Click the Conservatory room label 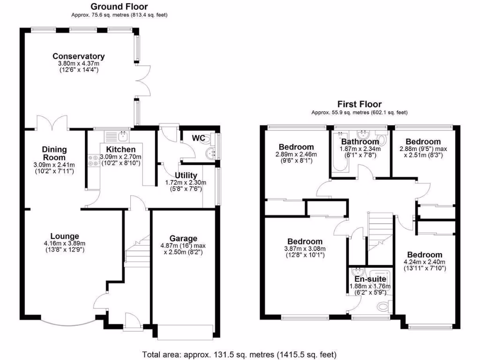(x=78, y=56)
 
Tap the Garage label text (x=183, y=238)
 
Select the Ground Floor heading (x=119, y=7)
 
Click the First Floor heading (x=360, y=104)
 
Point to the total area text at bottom (x=239, y=354)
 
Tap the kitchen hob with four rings (x=93, y=161)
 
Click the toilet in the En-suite (x=383, y=307)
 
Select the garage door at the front (x=185, y=332)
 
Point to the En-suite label (x=370, y=279)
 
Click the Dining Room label (x=55, y=153)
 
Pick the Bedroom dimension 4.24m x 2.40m (x=424, y=262)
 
